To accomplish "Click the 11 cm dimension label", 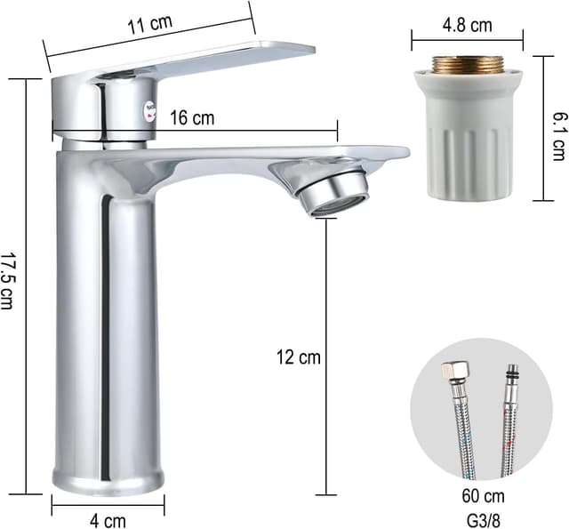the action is (149, 24).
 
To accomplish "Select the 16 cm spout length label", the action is (192, 118).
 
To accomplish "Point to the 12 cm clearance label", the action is (299, 357).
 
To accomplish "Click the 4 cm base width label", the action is (108, 521).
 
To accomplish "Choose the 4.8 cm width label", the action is (468, 26).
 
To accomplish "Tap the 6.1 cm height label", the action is (559, 136).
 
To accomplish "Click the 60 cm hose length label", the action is (483, 496).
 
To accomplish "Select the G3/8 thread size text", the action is (483, 521).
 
